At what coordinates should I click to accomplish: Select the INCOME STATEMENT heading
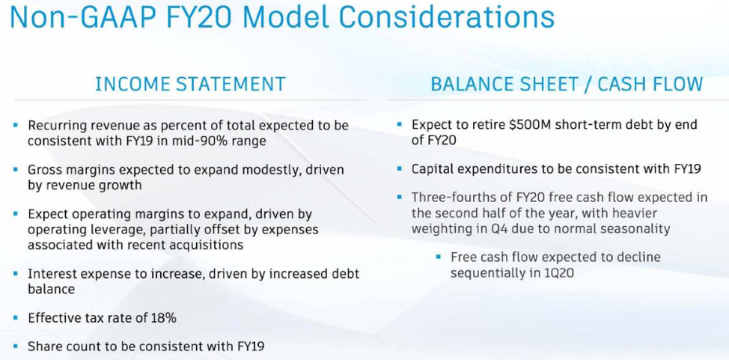click(x=190, y=84)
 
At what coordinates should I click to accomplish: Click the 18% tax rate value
click(x=164, y=318)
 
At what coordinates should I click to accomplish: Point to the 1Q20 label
click(x=558, y=272)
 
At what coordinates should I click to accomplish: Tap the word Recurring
click(x=55, y=126)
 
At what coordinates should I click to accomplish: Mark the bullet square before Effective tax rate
click(x=16, y=318)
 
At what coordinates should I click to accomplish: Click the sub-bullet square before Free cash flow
click(x=438, y=257)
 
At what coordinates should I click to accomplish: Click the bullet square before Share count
click(x=16, y=346)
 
